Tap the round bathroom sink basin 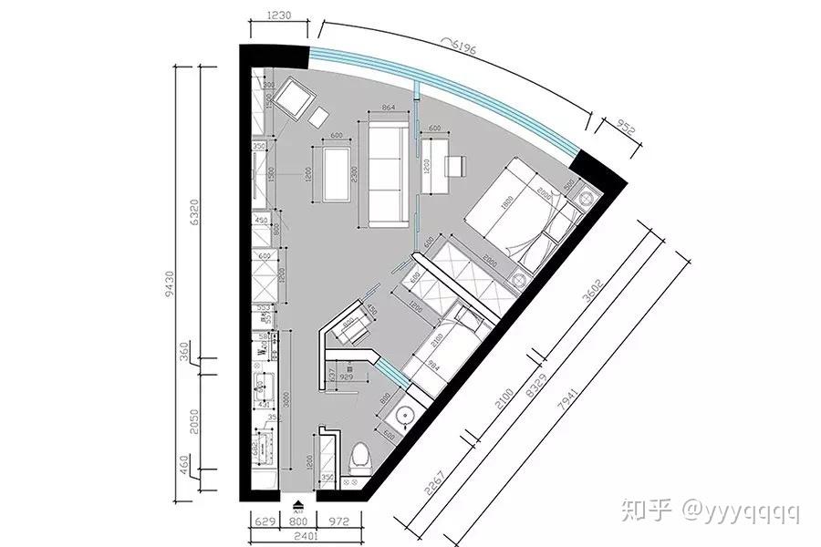coord(404,418)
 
